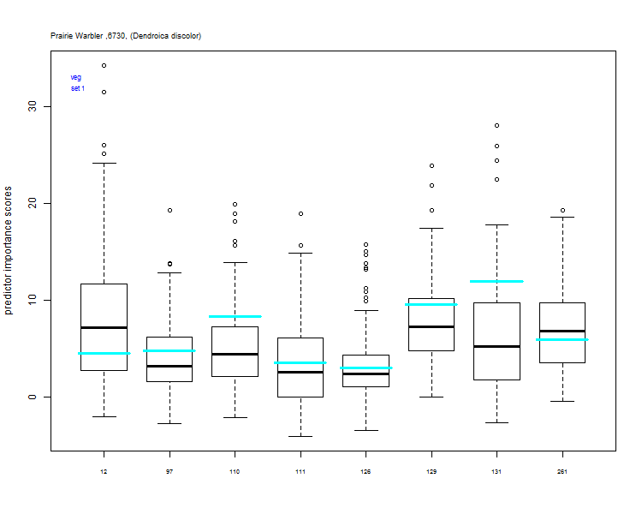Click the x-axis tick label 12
tap(104, 472)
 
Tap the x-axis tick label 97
tap(169, 472)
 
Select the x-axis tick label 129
tap(431, 472)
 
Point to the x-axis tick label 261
tap(562, 472)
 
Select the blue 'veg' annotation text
tap(76, 77)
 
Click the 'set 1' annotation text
tap(78, 88)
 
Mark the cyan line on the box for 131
tap(496, 281)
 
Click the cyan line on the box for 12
tap(104, 353)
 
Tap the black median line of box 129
tap(431, 326)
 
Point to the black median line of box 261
tap(562, 331)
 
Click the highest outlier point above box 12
tap(104, 65)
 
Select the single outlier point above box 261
tap(562, 210)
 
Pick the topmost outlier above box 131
tap(496, 125)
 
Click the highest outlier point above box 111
tap(300, 213)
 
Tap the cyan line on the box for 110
tap(235, 316)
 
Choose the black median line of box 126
tap(366, 374)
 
